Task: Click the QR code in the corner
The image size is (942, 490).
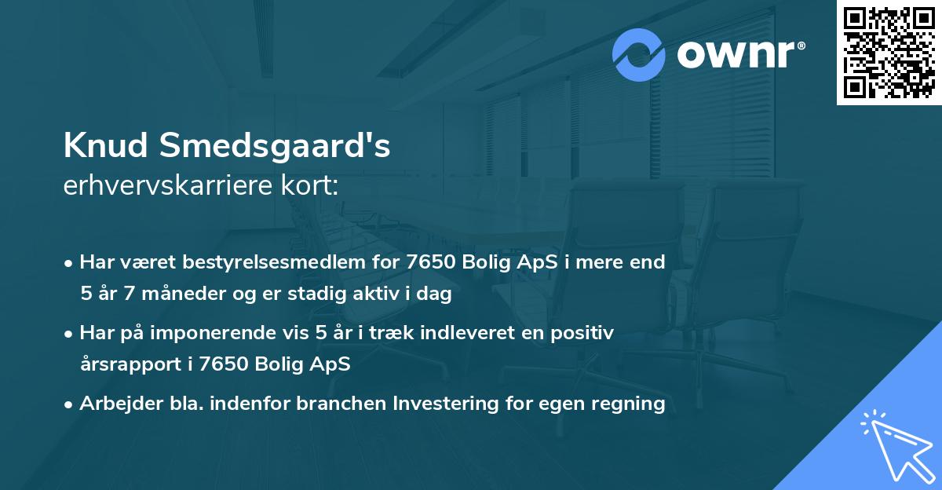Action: pyautogui.click(x=889, y=53)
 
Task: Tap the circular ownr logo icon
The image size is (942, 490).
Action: pyautogui.click(x=639, y=54)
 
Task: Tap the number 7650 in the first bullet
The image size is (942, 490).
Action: pyautogui.click(x=429, y=262)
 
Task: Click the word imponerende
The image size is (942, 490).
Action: pyautogui.click(x=223, y=333)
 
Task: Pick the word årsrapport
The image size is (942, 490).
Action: pyautogui.click(x=130, y=364)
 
